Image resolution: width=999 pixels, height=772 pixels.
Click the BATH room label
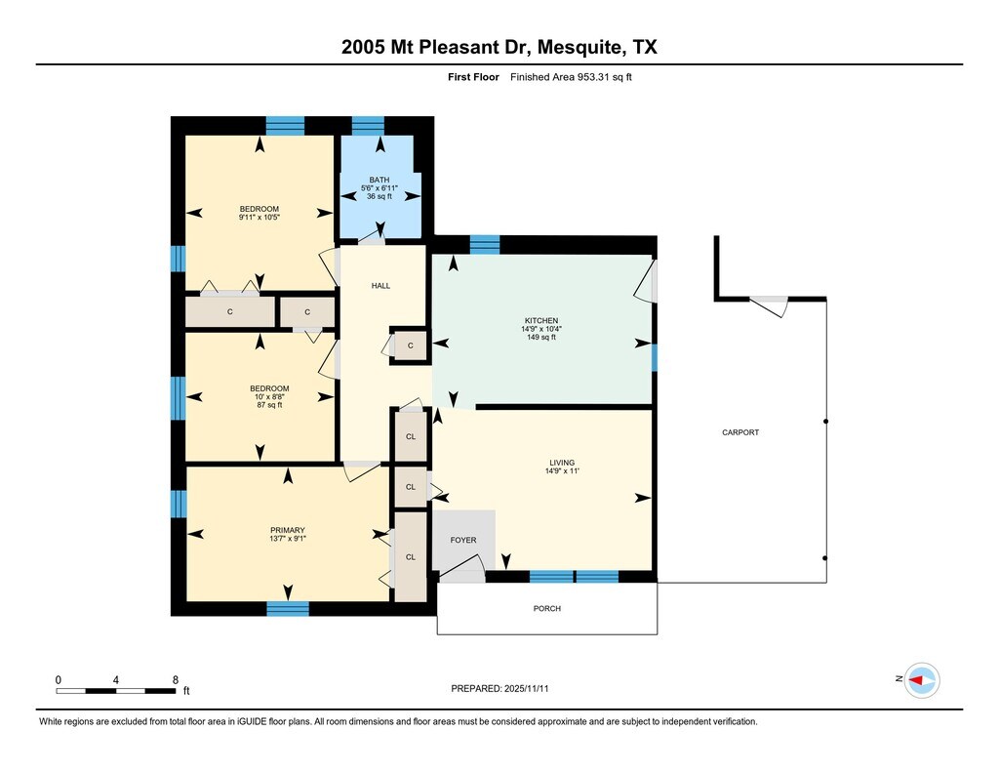(380, 180)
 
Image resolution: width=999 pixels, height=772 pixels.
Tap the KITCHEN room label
(540, 321)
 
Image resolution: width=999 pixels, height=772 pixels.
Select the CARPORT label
(740, 432)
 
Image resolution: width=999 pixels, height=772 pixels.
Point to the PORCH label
(547, 608)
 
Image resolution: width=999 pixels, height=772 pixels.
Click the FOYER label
(463, 540)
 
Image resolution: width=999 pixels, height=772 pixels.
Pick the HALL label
(381, 286)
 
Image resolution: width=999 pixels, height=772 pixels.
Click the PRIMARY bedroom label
(288, 530)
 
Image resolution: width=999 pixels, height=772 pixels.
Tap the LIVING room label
(562, 463)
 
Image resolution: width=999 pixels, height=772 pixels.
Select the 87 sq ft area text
(269, 405)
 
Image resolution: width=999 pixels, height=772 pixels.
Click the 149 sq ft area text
(540, 338)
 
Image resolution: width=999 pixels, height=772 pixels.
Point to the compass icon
(922, 680)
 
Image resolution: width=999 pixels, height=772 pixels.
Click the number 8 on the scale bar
(176, 679)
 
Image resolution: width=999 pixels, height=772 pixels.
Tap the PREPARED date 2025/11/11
(526, 688)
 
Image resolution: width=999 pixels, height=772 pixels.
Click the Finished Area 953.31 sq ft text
(571, 77)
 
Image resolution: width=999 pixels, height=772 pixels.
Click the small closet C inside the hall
(411, 345)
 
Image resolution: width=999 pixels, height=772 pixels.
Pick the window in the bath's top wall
(368, 126)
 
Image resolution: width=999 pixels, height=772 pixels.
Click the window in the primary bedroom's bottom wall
(288, 608)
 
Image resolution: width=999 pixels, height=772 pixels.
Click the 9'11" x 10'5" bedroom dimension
(260, 218)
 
